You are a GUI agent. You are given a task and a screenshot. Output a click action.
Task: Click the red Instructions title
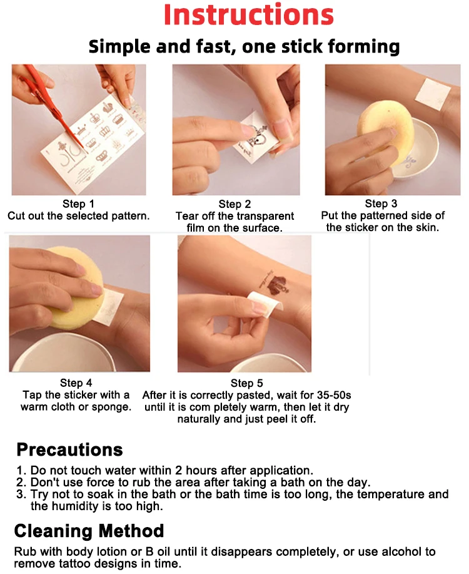[249, 14]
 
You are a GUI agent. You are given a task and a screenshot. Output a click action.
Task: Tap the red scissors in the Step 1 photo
[51, 107]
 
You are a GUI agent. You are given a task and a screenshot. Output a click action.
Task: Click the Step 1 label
[78, 204]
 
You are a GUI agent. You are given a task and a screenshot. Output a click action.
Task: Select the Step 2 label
[234, 204]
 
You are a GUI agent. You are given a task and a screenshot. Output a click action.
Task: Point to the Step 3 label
[381, 203]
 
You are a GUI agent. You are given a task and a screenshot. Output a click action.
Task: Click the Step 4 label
[76, 383]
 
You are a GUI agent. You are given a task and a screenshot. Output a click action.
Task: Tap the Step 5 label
[246, 383]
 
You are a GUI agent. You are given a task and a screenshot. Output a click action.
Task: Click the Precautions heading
[69, 449]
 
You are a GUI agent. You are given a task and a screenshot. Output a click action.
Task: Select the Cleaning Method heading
[89, 531]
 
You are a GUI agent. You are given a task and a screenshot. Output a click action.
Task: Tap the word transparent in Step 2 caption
[262, 217]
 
